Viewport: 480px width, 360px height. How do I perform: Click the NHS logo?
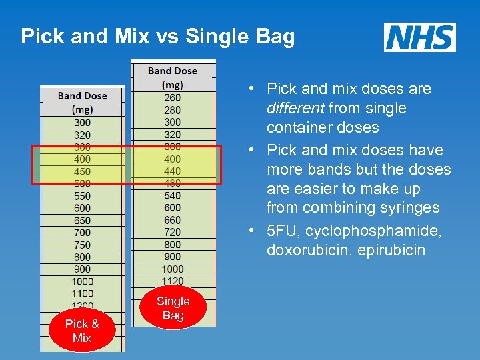tap(420, 37)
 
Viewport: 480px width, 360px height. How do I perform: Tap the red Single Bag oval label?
tap(173, 308)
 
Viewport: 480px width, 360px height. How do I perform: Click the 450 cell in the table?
tap(83, 171)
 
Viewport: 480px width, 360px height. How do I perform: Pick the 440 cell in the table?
tap(172, 171)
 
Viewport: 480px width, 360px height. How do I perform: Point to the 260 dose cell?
tap(172, 97)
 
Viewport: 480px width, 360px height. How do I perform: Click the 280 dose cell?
tap(172, 110)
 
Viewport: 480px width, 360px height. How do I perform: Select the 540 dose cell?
tap(172, 196)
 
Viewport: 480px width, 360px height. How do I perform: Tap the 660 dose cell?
tap(172, 220)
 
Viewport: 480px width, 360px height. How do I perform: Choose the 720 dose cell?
tap(172, 232)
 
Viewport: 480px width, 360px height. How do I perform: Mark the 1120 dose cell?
tap(172, 281)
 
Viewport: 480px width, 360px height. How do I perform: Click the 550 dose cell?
tap(83, 196)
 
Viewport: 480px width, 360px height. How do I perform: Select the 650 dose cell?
tap(83, 220)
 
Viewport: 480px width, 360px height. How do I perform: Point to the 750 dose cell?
tap(83, 245)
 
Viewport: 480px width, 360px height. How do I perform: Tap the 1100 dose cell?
tap(83, 293)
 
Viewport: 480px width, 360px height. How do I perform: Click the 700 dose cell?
tap(83, 233)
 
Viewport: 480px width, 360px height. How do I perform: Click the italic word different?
tap(294, 108)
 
